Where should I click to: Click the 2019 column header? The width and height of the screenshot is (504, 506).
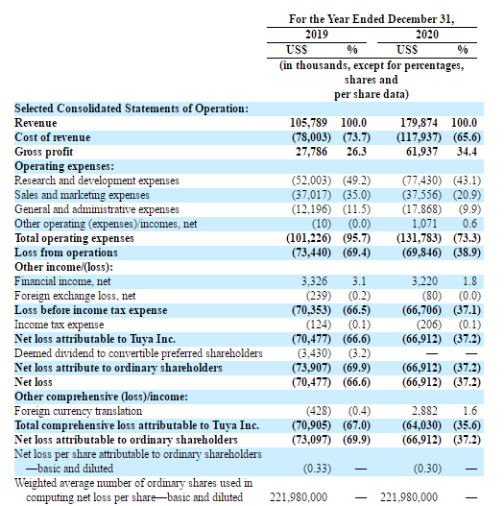pyautogui.click(x=317, y=35)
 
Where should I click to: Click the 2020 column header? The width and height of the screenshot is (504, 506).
pyautogui.click(x=427, y=35)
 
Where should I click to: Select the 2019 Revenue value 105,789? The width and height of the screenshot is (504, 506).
pyautogui.click(x=308, y=123)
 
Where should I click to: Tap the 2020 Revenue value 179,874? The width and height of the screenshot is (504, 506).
pyautogui.click(x=419, y=123)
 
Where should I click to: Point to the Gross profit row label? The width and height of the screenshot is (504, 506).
pyautogui.click(x=44, y=152)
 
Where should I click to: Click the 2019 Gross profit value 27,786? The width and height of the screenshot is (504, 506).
pyautogui.click(x=311, y=152)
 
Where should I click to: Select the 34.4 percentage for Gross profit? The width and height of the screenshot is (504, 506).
pyautogui.click(x=467, y=152)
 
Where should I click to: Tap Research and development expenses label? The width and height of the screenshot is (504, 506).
pyautogui.click(x=97, y=181)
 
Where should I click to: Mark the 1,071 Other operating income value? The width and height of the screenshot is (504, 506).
pyautogui.click(x=424, y=224)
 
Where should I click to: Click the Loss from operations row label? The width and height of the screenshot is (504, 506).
pyautogui.click(x=66, y=253)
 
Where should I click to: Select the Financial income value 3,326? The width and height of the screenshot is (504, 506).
pyautogui.click(x=314, y=281)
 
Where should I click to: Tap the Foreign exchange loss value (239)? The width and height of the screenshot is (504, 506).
pyautogui.click(x=319, y=296)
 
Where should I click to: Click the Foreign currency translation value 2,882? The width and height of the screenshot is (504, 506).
pyautogui.click(x=424, y=411)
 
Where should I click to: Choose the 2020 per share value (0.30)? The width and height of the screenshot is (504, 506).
pyautogui.click(x=427, y=469)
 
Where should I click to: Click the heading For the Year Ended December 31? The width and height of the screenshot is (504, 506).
pyautogui.click(x=372, y=19)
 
